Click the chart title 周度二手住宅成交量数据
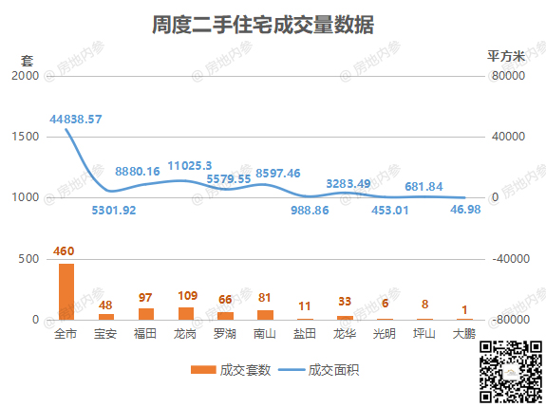point(263,25)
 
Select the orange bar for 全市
point(66,291)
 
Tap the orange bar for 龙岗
point(186,313)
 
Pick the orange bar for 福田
point(146,314)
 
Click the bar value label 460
point(64,250)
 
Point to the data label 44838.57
point(76,120)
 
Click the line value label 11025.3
point(190,166)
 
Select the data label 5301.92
point(114,210)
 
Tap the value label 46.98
point(465,210)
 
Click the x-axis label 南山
point(265,334)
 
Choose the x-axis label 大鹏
point(464,334)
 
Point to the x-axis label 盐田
point(305,334)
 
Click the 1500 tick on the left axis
point(26,137)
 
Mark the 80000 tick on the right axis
point(508,76)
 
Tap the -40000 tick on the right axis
point(511,258)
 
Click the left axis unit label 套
point(27,61)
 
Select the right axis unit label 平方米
point(506,56)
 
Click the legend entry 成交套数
point(231,370)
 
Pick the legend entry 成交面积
point(319,370)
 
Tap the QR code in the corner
point(511,373)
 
